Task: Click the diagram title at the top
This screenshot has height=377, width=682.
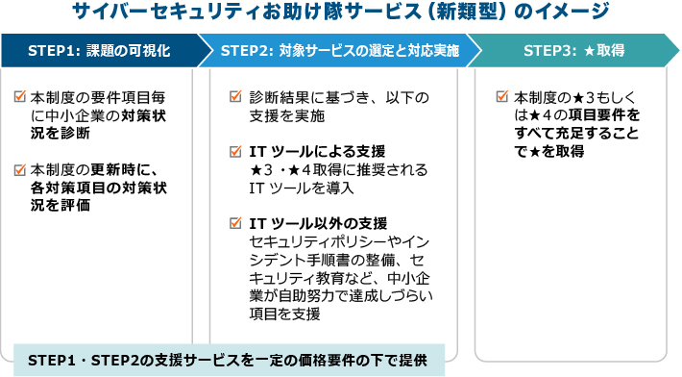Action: (x=341, y=13)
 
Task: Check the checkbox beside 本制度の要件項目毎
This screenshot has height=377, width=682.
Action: (x=21, y=97)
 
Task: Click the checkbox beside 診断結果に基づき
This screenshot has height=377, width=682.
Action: (x=235, y=97)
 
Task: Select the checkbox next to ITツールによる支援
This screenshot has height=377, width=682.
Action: (x=235, y=152)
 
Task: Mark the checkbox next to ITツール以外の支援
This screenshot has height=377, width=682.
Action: (x=235, y=224)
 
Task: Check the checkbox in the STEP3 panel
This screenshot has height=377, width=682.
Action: (x=502, y=97)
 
